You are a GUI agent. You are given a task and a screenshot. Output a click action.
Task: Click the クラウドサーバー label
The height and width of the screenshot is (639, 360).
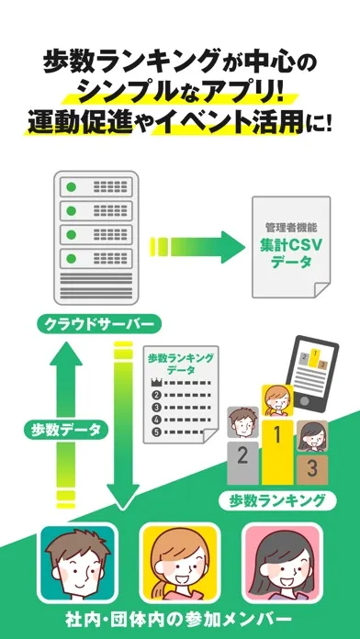[98, 325]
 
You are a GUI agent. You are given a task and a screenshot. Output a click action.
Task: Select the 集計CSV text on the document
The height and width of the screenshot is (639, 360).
[291, 245]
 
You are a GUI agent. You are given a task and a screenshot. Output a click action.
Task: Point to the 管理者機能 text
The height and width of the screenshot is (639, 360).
[291, 227]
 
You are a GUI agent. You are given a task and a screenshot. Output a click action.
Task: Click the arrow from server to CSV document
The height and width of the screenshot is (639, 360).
[197, 247]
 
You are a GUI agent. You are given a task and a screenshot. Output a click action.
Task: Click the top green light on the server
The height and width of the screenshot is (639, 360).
[72, 187]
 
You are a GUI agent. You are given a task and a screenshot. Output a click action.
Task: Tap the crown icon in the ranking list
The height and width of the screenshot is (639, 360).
[156, 383]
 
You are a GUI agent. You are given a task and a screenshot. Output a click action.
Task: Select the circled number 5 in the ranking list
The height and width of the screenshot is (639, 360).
[156, 432]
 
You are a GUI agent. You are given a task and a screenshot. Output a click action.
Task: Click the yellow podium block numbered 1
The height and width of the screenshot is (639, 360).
[277, 452]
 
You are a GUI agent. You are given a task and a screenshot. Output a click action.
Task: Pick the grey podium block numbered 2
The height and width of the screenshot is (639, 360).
[242, 463]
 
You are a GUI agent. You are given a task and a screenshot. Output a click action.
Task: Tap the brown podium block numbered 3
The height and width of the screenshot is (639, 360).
[312, 470]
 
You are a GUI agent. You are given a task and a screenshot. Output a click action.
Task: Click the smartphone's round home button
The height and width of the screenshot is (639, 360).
[304, 401]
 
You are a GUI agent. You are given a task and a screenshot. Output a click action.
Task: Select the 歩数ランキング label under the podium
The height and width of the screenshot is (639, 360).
[277, 500]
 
